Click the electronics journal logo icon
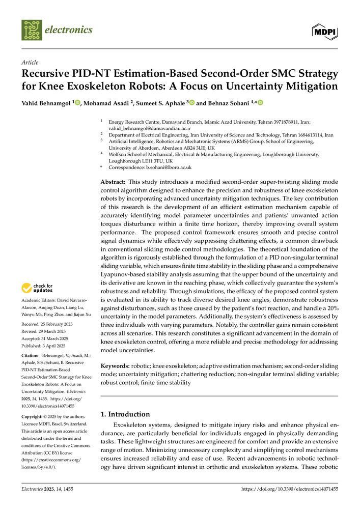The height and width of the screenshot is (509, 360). [32, 30]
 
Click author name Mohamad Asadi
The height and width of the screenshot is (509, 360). [106, 103]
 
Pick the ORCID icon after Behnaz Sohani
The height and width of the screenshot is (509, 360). [260, 103]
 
